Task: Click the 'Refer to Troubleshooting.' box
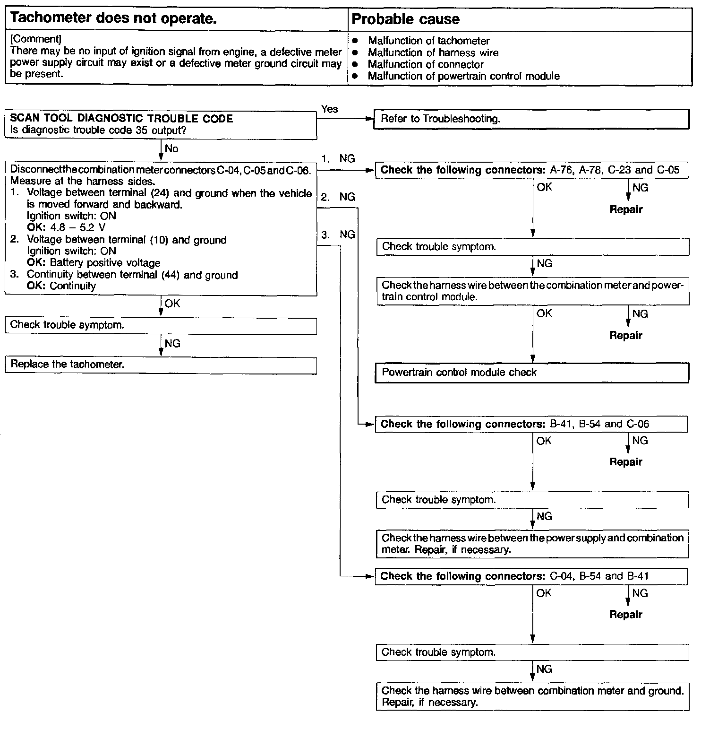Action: [x=531, y=119]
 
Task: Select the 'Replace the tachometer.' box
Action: [x=161, y=365]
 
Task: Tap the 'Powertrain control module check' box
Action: [x=531, y=373]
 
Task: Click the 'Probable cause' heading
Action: [x=406, y=19]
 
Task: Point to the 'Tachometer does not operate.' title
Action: [x=113, y=19]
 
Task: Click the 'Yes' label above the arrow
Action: [x=329, y=109]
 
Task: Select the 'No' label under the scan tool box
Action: [x=171, y=149]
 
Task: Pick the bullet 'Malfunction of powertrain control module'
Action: [x=463, y=76]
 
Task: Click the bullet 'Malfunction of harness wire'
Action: [x=433, y=52]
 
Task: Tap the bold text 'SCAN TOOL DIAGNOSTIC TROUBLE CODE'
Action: [x=121, y=119]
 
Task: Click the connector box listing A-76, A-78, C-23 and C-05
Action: [x=531, y=170]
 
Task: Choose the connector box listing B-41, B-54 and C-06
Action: [x=531, y=424]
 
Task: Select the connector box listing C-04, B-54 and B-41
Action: [x=531, y=576]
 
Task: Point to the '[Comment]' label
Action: [x=35, y=39]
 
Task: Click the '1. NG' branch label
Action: [x=338, y=159]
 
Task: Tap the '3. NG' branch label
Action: [x=338, y=235]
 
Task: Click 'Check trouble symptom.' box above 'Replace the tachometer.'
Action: [x=161, y=325]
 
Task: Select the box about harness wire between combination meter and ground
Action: [x=532, y=696]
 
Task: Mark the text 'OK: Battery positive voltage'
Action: [x=94, y=263]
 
